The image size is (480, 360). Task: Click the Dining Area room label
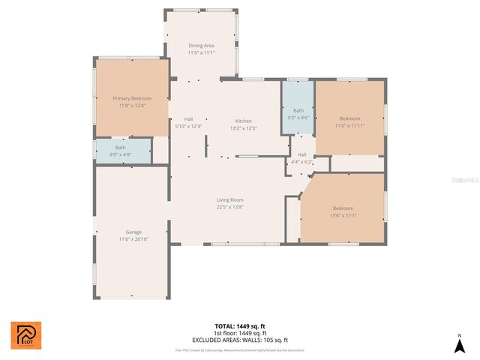(x=200, y=46)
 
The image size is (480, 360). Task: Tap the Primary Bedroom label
(x=132, y=98)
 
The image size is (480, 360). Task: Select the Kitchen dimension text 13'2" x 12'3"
(x=244, y=128)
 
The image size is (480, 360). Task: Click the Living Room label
(x=229, y=199)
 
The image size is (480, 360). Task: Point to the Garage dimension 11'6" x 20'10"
(x=133, y=238)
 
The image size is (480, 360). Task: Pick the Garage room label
(x=133, y=232)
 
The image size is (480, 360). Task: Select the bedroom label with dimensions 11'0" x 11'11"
(x=349, y=118)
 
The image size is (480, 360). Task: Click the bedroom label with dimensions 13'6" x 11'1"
(x=343, y=208)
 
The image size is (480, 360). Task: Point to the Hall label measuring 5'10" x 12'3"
(x=189, y=119)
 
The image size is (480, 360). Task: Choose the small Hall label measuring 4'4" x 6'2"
(x=301, y=154)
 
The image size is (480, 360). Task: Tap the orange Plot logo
(x=26, y=335)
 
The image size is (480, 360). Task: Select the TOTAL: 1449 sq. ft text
(x=240, y=326)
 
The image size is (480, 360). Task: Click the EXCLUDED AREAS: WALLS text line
(x=240, y=340)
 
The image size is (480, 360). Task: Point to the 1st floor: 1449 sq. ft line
(x=240, y=333)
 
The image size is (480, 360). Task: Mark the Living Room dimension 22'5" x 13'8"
(x=229, y=207)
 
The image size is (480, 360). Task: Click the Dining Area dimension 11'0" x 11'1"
(x=200, y=52)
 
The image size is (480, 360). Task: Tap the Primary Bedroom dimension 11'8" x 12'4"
(x=132, y=105)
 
